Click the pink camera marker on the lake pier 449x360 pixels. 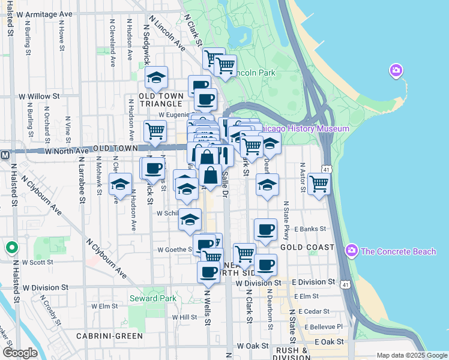(396, 71)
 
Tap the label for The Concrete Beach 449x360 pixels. (399, 251)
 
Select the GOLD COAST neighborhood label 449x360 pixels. (307, 247)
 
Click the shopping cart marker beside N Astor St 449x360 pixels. (319, 184)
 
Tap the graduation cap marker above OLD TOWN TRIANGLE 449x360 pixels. (156, 77)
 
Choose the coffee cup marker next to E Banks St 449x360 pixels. (265, 229)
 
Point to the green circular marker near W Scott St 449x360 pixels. (11, 247)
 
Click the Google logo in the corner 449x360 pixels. (20, 353)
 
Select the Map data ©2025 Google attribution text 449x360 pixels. (411, 355)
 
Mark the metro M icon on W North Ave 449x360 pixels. (5, 155)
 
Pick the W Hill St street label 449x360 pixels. (184, 317)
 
